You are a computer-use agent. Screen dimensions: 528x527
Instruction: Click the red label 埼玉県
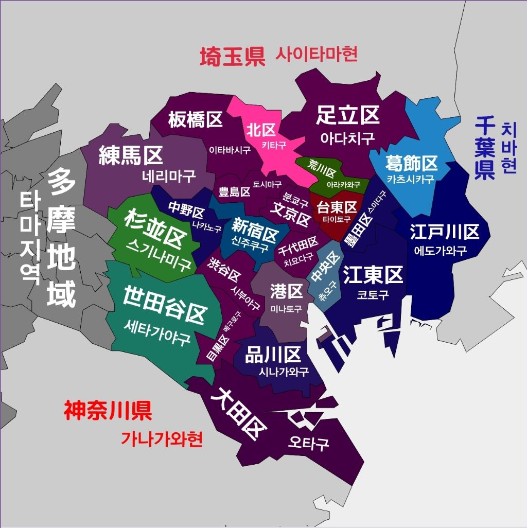pos(232,56)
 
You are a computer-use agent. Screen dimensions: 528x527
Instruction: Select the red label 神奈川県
pos(108,411)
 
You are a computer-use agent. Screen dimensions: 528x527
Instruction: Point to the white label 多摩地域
pos(62,237)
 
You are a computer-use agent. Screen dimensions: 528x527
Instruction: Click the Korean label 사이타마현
pos(317,54)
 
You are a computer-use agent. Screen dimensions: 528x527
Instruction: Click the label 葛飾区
pos(411,163)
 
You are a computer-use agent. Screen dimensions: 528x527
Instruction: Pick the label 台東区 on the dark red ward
pos(337,207)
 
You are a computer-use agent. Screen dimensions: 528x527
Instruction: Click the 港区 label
pos(286,292)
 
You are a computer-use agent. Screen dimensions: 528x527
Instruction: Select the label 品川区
pos(273,355)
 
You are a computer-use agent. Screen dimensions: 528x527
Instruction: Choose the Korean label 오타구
pos(308,443)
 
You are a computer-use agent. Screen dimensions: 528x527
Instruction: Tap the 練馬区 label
pos(131,155)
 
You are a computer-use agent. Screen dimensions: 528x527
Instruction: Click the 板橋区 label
pos(195,120)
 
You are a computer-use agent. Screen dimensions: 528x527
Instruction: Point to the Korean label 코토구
pos(373,295)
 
